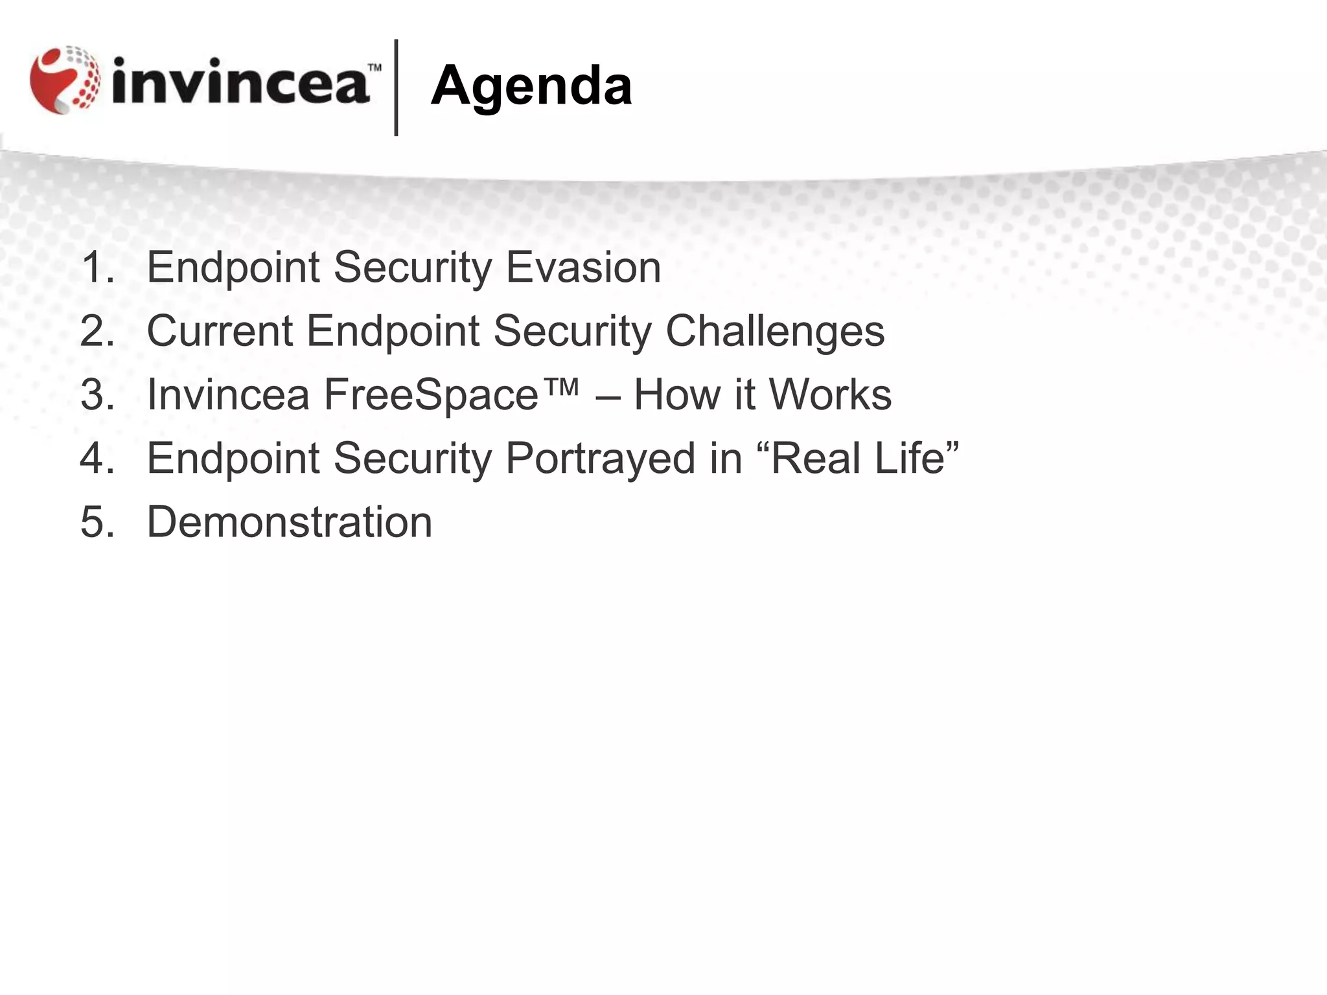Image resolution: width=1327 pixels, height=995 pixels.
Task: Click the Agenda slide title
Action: (531, 87)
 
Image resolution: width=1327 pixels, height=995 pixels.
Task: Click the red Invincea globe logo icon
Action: (65, 80)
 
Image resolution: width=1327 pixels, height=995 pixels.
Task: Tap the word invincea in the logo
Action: (241, 82)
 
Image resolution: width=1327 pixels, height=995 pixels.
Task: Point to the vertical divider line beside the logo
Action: (396, 87)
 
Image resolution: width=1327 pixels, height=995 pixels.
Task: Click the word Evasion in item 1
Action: (583, 267)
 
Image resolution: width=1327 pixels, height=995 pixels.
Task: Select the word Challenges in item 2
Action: (775, 331)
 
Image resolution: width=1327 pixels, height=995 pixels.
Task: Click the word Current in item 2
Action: (220, 331)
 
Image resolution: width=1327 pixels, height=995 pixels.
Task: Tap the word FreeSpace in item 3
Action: (431, 395)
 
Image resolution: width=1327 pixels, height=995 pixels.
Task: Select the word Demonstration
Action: (290, 522)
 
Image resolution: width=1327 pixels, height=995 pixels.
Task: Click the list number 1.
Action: (97, 267)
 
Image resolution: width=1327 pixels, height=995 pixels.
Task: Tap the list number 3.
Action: (97, 395)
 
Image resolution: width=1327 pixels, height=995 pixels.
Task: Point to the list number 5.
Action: (97, 522)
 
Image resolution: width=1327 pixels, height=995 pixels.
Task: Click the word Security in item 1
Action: (413, 267)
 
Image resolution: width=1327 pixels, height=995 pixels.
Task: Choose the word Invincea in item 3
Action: (229, 395)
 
